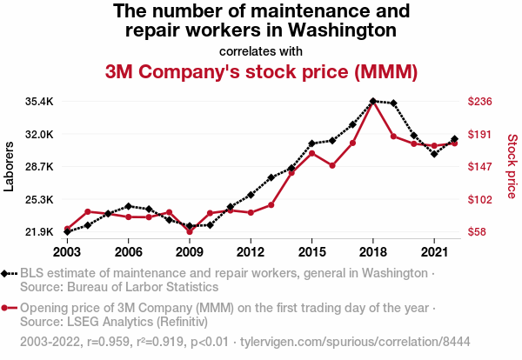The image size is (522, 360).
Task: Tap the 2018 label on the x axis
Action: pos(372,251)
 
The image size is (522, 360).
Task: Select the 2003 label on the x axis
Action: pos(67,251)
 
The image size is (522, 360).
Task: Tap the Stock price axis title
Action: pos(512,165)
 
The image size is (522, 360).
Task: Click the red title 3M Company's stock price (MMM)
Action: pos(261,70)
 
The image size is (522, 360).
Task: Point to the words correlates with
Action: pos(261,50)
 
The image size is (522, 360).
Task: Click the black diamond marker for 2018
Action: pos(372,101)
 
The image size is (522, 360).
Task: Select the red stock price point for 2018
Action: pos(372,103)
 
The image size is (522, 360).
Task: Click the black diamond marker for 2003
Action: pos(67,232)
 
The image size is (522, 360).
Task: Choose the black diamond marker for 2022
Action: pos(454,139)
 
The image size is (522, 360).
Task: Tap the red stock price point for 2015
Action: pos(311,153)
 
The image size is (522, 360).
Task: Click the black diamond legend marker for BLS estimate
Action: pos(8,273)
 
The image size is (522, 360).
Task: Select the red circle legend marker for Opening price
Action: pos(8,308)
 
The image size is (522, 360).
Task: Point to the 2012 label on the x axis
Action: pos(251,251)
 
